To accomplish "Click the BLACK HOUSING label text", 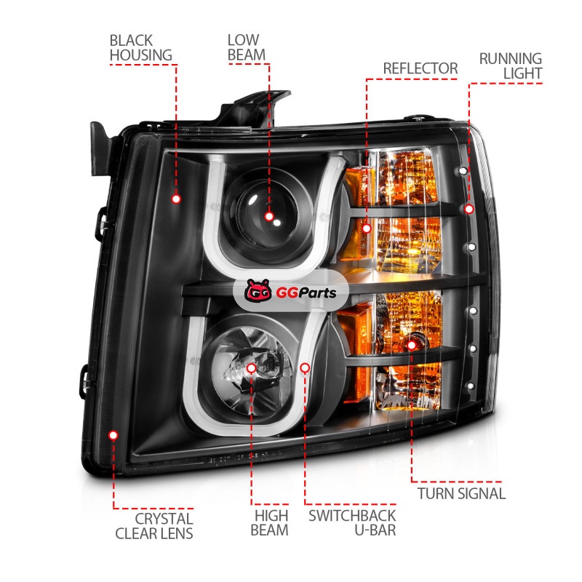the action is click(140, 48).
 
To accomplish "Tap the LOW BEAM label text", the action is click(247, 47).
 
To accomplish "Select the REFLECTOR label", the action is click(420, 68).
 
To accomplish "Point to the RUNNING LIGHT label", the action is click(511, 66).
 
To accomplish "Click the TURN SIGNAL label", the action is click(461, 494).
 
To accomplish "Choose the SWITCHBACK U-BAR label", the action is click(352, 522).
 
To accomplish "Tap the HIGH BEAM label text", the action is click(269, 522).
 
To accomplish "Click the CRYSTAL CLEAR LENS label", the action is click(154, 526).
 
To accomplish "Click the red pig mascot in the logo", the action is click(258, 290).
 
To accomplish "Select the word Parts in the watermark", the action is click(316, 293).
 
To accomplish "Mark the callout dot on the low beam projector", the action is click(269, 216).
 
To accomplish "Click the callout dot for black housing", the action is click(176, 199).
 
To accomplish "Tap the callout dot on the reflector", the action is click(367, 228).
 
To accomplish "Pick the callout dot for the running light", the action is click(469, 209).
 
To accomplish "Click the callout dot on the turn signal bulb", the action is click(411, 346).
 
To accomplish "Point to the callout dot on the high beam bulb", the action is click(251, 368).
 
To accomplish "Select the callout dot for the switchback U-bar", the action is click(305, 368).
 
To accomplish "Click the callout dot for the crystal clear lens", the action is click(113, 435).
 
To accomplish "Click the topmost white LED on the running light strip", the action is click(463, 171).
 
